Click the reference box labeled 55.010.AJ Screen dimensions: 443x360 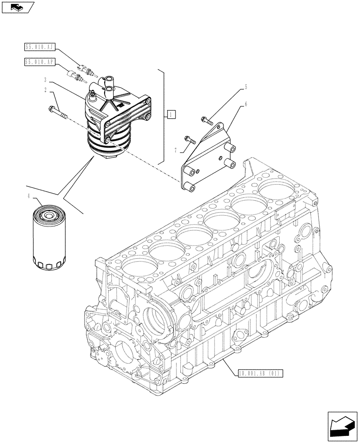click(39, 46)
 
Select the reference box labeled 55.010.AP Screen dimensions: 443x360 click(39, 62)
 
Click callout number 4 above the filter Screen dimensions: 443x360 click(30, 196)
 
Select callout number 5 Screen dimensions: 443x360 click(246, 88)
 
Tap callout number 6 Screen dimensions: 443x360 click(246, 105)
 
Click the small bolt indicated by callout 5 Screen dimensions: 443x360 click(207, 119)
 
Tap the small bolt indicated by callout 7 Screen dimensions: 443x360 click(191, 140)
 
